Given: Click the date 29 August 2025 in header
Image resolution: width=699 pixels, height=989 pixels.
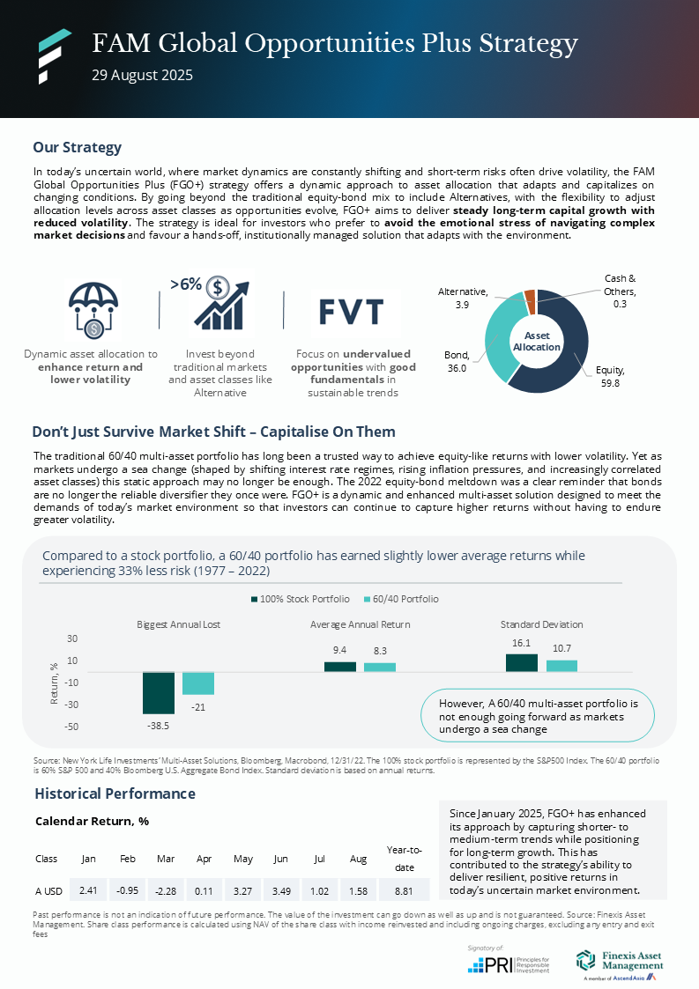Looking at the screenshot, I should coord(142,76).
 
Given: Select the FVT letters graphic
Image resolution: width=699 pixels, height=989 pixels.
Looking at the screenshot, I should coord(351,312).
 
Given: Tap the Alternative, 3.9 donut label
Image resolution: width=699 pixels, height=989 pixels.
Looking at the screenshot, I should coord(468,297).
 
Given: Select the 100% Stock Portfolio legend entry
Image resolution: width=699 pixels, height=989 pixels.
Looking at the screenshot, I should coord(298,599).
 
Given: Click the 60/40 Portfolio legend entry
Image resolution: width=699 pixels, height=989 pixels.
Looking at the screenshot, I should coord(400,599).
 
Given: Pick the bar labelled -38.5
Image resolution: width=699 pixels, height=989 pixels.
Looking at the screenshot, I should coord(159,692).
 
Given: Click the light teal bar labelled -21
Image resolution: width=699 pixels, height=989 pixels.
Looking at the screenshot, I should coord(198,683).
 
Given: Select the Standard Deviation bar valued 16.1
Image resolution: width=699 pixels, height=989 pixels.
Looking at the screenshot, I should coord(521,662).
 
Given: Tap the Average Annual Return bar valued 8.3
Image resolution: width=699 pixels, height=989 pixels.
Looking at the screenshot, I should coord(380,667).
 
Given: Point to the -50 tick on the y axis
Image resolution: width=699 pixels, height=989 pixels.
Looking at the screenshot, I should coord(73,727).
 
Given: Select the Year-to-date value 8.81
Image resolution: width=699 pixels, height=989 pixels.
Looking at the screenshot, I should coord(404,889).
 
